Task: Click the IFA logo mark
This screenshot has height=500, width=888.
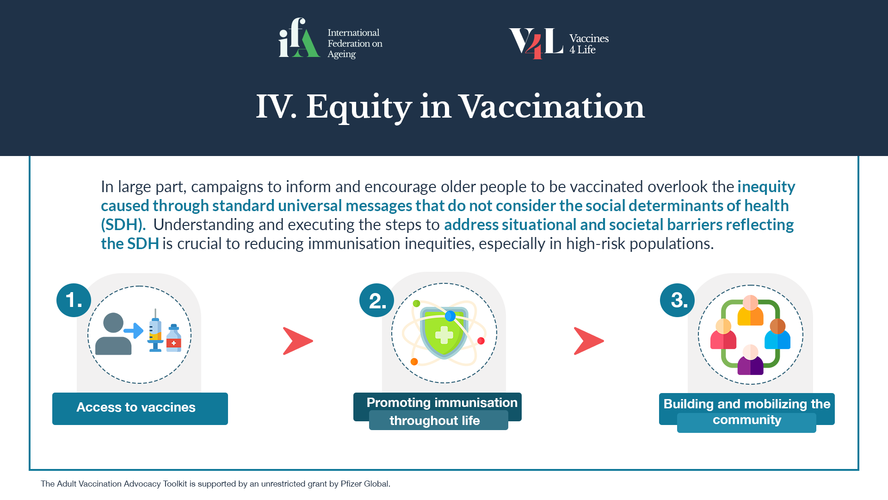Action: pyautogui.click(x=299, y=37)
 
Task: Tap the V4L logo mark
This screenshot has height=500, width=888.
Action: pyautogui.click(x=536, y=43)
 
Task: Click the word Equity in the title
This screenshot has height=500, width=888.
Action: pyautogui.click(x=359, y=107)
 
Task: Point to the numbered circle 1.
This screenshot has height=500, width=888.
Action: pyautogui.click(x=74, y=300)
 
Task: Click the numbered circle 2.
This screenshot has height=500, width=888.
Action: pyautogui.click(x=376, y=300)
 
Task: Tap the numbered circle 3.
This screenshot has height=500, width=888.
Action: pyautogui.click(x=677, y=300)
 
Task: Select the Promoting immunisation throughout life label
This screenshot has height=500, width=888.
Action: pyautogui.click(x=438, y=411)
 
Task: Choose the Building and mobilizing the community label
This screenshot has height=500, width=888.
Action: pyautogui.click(x=747, y=412)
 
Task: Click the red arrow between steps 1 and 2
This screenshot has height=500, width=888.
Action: pyautogui.click(x=298, y=341)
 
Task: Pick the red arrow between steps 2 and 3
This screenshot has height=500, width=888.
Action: pyautogui.click(x=589, y=341)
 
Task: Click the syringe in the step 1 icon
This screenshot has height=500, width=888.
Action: pyautogui.click(x=155, y=331)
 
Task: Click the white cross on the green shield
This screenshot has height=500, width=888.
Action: pyautogui.click(x=444, y=335)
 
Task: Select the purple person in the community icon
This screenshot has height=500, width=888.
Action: pyautogui.click(x=750, y=360)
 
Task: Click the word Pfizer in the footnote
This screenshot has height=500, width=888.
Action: pyautogui.click(x=351, y=484)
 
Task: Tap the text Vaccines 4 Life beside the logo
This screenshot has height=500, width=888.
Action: pyautogui.click(x=589, y=44)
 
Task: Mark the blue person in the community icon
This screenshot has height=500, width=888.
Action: pyautogui.click(x=777, y=334)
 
